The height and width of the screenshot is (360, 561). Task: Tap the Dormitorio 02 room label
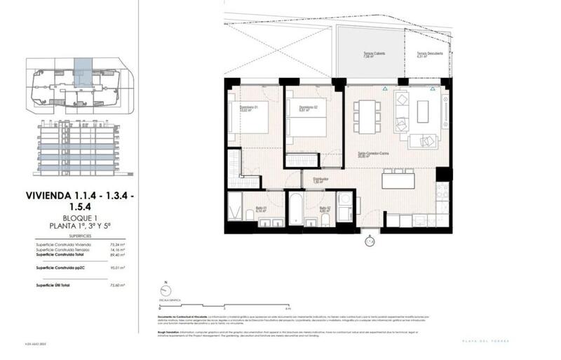click(x=299, y=107)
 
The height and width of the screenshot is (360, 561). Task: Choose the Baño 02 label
click(x=325, y=208)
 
